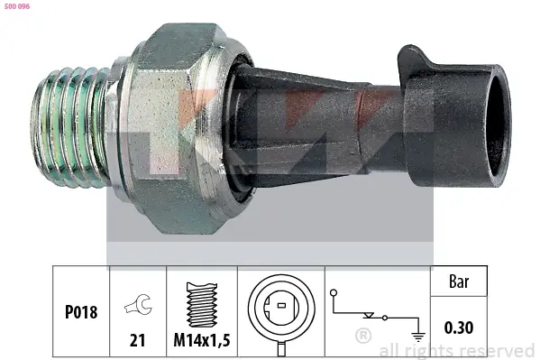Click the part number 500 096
point(17,6)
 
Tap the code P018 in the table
point(81,312)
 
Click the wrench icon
point(138,304)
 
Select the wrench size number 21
point(138,340)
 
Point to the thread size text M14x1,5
point(202,340)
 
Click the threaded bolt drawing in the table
point(202,305)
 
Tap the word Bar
point(459,282)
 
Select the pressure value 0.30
point(459,328)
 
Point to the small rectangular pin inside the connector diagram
point(281,305)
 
